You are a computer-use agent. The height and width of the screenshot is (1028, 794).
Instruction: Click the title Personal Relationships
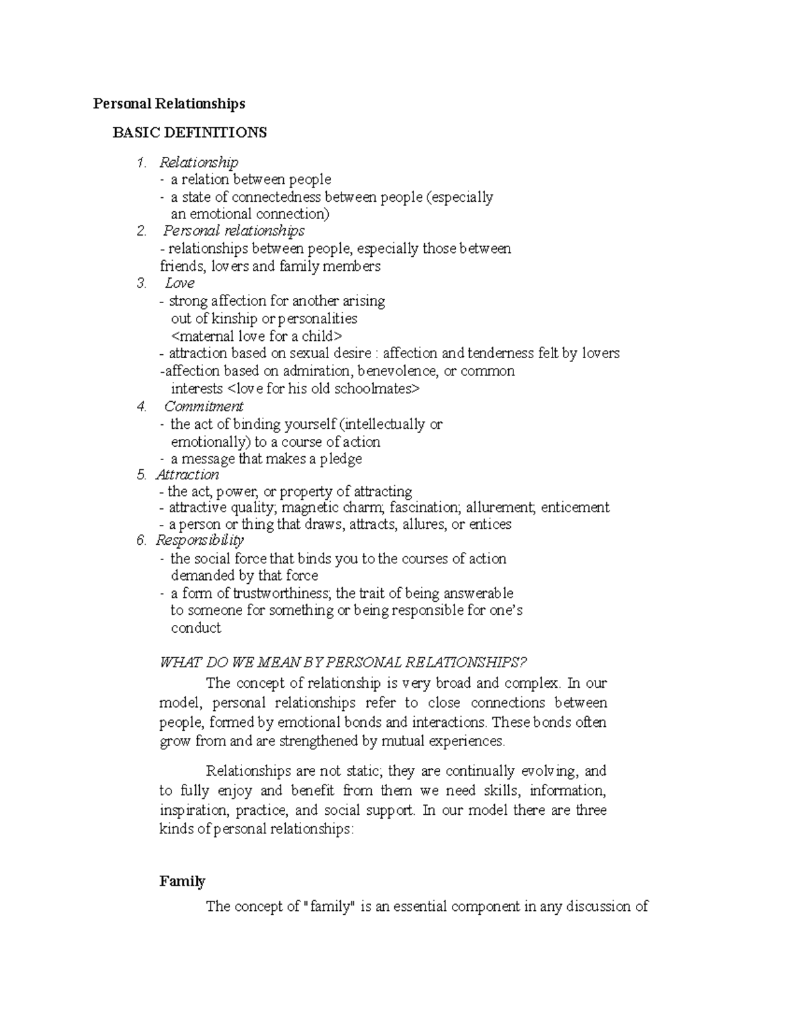click(x=169, y=103)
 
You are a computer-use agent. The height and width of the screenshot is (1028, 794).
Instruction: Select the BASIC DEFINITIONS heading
click(x=189, y=132)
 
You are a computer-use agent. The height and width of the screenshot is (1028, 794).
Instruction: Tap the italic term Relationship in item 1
click(x=198, y=162)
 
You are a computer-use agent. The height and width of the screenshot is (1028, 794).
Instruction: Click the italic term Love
click(x=179, y=283)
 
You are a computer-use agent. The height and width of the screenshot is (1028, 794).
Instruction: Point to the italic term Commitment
click(x=203, y=406)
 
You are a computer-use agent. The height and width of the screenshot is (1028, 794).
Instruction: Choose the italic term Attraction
click(x=187, y=475)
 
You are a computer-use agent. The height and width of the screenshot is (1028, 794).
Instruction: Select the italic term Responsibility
click(x=199, y=540)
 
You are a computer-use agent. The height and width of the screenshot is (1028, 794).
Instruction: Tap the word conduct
click(x=196, y=628)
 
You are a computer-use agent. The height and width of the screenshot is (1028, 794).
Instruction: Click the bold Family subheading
click(x=182, y=881)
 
